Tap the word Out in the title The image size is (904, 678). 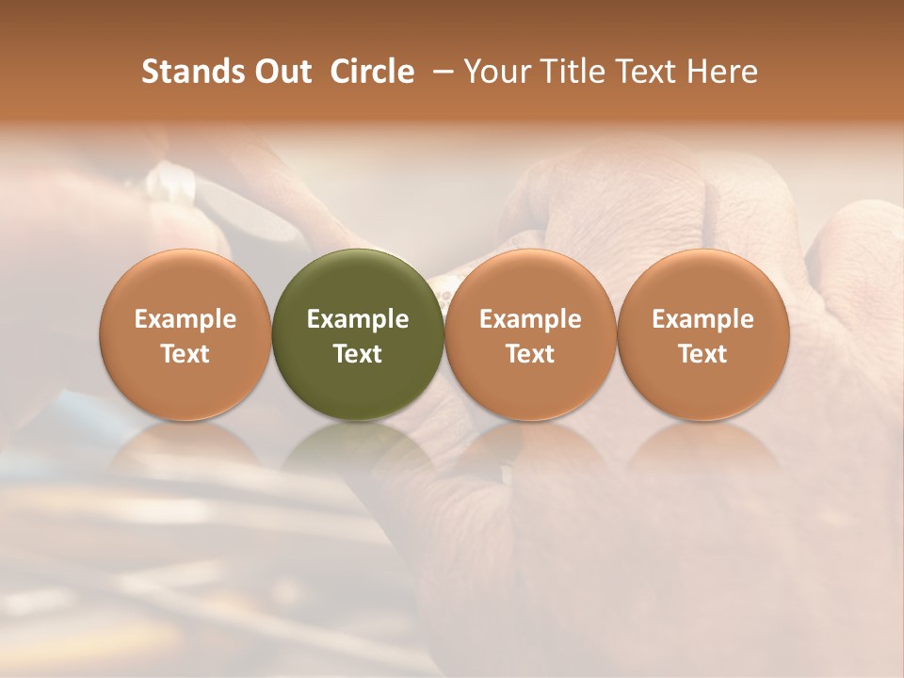point(282,72)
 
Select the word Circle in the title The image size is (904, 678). point(372,72)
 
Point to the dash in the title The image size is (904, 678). point(441,73)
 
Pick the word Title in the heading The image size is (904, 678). point(569,72)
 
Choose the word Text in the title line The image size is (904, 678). point(641,72)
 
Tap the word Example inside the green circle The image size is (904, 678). point(358,319)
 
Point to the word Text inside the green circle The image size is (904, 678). point(358,354)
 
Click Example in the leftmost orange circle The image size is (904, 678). point(186,319)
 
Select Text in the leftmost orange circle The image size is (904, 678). point(186,354)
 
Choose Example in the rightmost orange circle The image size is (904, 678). point(702,319)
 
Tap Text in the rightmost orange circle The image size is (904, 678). point(702,354)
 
